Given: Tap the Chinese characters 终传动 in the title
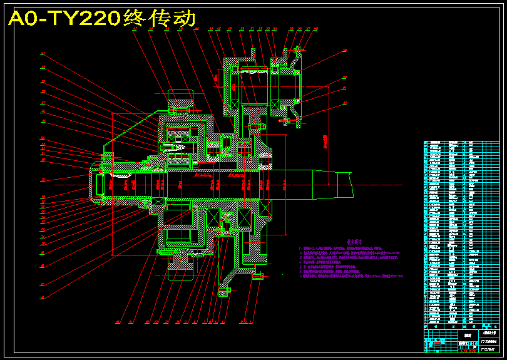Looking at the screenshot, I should click(160, 18).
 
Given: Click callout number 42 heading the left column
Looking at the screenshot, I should click(43, 53).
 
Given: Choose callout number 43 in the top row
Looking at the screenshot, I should click(135, 28).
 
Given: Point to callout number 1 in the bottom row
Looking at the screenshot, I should click(118, 322).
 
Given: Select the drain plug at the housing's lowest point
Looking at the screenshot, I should click(225, 290).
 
